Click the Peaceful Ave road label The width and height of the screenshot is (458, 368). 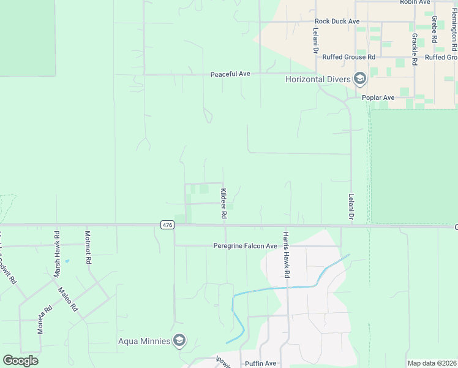pyautogui.click(x=230, y=74)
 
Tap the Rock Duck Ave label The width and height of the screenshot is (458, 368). pyautogui.click(x=337, y=21)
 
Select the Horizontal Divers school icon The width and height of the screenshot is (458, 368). pyautogui.click(x=360, y=79)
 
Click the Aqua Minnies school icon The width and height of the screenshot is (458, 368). pyautogui.click(x=179, y=341)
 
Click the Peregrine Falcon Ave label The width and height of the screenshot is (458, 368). pyautogui.click(x=245, y=246)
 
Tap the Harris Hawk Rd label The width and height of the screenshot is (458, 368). pyautogui.click(x=285, y=254)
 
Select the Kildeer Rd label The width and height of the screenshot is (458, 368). pyautogui.click(x=223, y=204)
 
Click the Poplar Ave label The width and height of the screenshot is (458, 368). pyautogui.click(x=379, y=98)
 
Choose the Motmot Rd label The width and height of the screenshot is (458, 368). pyautogui.click(x=88, y=247)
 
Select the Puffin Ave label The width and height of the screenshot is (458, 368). pyautogui.click(x=261, y=364)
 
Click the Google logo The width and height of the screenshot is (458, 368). pyautogui.click(x=20, y=361)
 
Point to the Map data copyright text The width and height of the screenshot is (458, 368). pyautogui.click(x=431, y=363)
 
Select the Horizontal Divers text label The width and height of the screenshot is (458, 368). pyautogui.click(x=318, y=79)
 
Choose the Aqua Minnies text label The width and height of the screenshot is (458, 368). pyautogui.click(x=144, y=341)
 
